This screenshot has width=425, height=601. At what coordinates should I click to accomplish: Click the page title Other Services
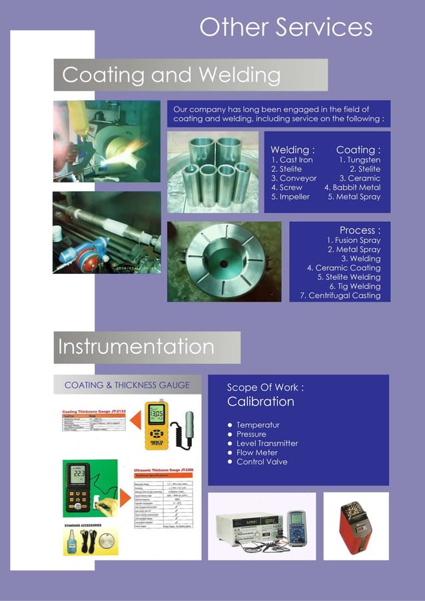[x=286, y=27]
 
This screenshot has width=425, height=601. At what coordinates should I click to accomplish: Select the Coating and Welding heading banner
[x=191, y=75]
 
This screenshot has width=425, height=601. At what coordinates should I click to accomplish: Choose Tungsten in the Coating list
[x=360, y=160]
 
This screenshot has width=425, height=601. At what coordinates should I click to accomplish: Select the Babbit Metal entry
[x=356, y=188]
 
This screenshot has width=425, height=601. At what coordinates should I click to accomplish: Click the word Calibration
[x=260, y=402]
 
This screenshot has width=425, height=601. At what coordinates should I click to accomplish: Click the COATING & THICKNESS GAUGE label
[x=127, y=385]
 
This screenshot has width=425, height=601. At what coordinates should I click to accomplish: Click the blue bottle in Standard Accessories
[x=69, y=544]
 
